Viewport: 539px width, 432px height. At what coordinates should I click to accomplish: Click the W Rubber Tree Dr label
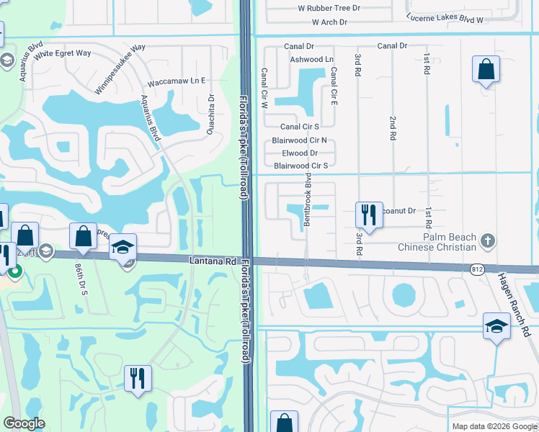pos(329,8)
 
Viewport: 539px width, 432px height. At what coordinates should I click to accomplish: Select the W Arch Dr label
pos(324,22)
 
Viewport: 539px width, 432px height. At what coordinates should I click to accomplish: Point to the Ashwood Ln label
pos(311,59)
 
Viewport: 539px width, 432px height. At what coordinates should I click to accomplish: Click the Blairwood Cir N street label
pos(299,140)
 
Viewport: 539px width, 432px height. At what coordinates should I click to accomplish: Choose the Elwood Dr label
pos(300,153)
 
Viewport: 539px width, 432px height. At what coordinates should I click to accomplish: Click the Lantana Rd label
pos(213,261)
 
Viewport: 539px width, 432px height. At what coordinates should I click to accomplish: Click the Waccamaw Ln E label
pos(184,81)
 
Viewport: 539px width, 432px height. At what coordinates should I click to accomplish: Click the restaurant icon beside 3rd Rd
pos(367,215)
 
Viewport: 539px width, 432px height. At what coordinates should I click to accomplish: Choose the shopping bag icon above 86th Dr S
pos(83,236)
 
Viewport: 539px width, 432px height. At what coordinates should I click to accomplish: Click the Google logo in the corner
pos(24,423)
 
